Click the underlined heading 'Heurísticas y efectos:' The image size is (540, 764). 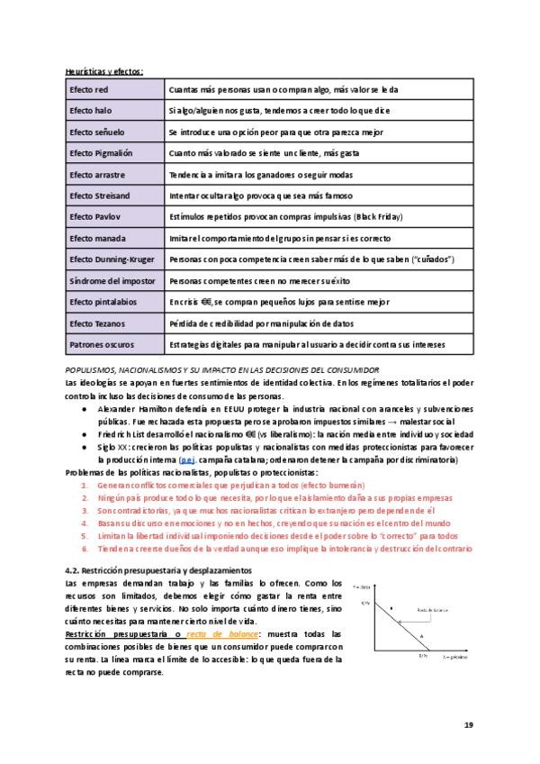[x=104, y=71]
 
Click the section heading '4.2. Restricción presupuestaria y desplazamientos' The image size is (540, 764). [x=159, y=570]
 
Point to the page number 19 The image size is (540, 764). [x=468, y=724]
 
